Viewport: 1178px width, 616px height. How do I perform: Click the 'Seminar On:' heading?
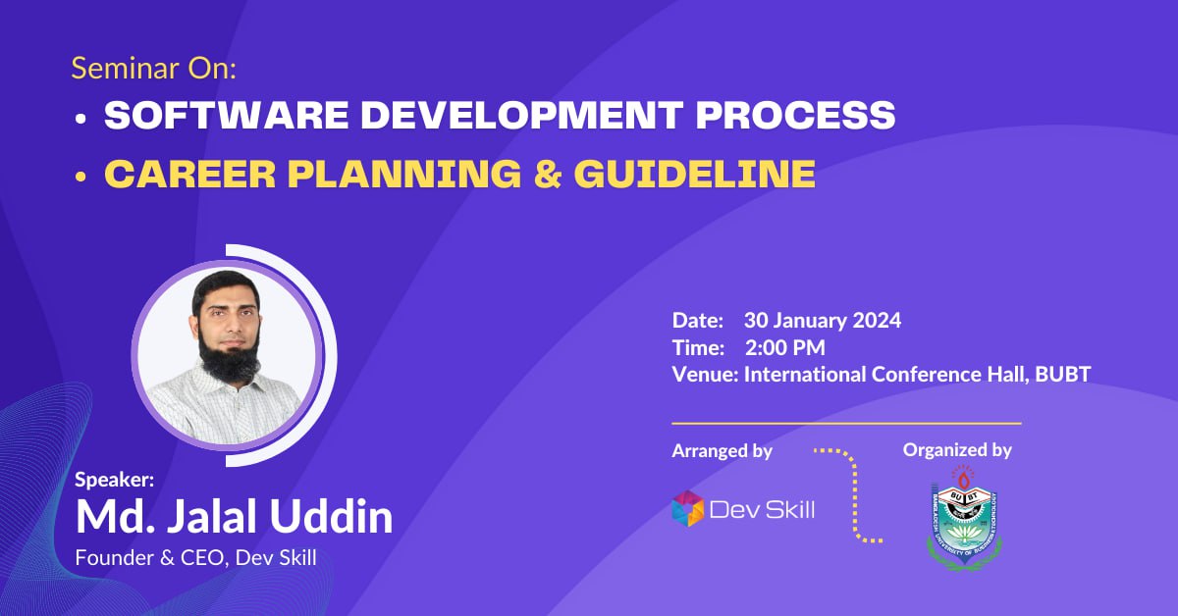[153, 69]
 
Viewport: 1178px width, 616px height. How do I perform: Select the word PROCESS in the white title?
[796, 115]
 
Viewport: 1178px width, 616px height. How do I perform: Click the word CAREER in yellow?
[189, 174]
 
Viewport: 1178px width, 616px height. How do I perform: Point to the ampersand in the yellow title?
[548, 174]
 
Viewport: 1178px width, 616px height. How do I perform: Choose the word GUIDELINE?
[695, 174]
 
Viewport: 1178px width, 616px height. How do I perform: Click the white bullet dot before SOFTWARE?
[80, 118]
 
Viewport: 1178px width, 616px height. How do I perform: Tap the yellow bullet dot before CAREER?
[80, 177]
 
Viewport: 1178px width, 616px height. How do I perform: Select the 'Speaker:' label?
[115, 480]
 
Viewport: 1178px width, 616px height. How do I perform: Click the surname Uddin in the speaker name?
[332, 516]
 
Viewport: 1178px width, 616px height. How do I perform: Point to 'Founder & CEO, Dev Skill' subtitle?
[195, 558]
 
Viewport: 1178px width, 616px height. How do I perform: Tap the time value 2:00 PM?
[785, 347]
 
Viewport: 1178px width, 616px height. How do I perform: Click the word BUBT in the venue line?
[1063, 375]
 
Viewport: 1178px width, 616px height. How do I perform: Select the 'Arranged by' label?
[723, 450]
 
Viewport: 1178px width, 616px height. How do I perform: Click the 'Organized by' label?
[957, 450]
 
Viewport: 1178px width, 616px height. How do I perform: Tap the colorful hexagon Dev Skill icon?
[688, 508]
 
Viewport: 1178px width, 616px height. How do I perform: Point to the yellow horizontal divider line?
[846, 423]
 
